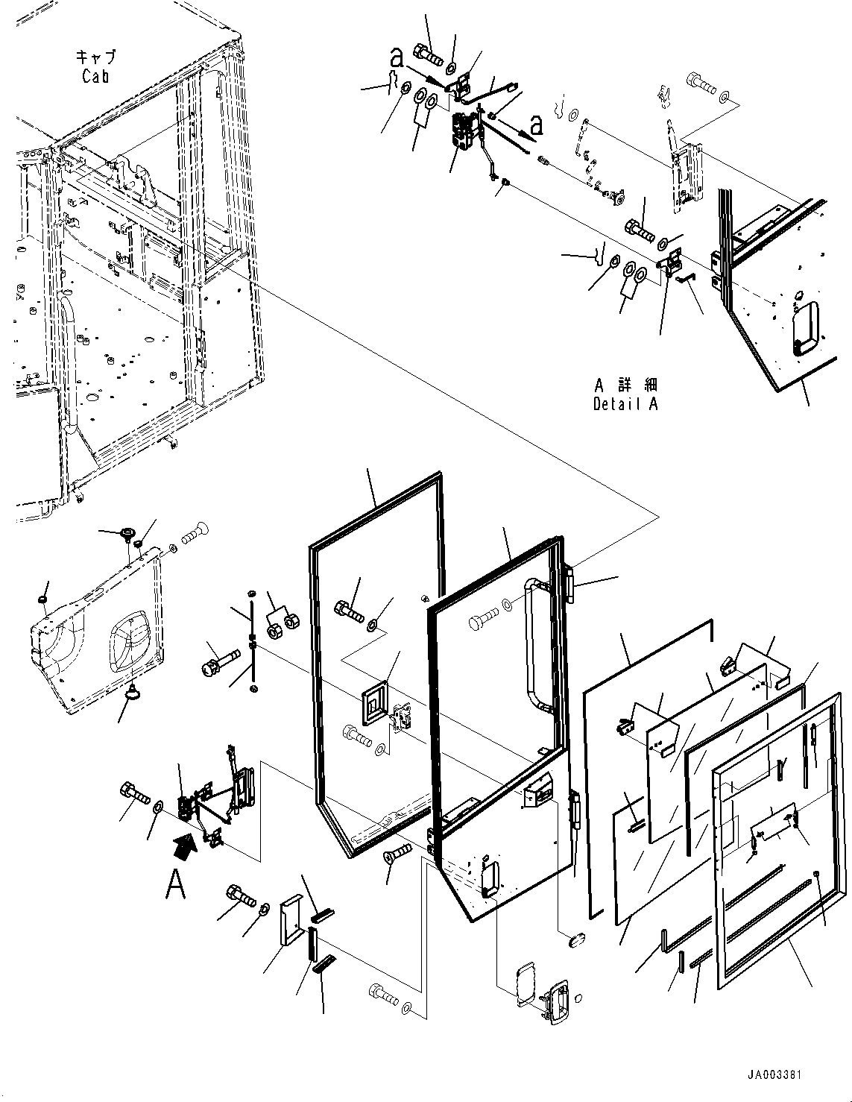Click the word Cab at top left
(95, 76)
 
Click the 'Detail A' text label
(625, 404)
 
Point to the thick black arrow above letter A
(183, 843)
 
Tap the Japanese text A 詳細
(625, 385)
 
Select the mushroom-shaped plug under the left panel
(133, 693)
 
